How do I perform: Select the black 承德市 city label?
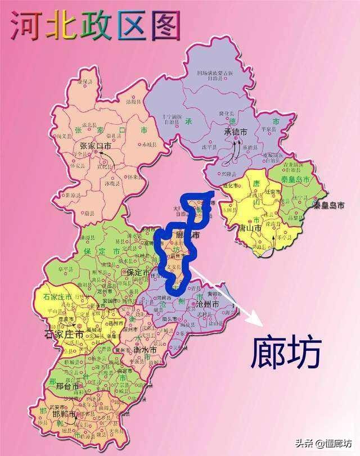pyautogui.click(x=236, y=132)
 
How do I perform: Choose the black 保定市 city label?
pyautogui.click(x=138, y=272)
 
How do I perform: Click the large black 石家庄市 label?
pyautogui.click(x=64, y=335)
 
